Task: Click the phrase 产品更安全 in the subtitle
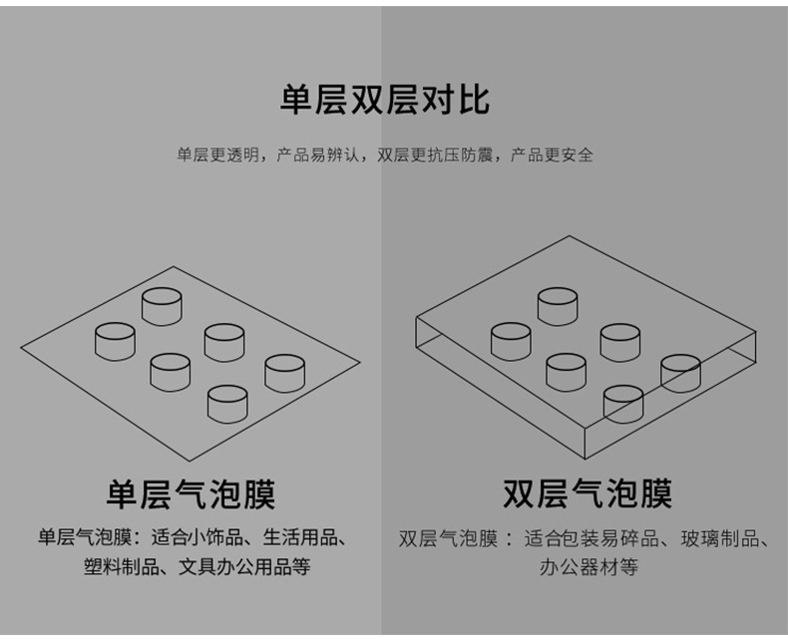(x=552, y=155)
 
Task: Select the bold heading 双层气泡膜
(x=587, y=493)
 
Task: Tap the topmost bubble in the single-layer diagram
(x=162, y=305)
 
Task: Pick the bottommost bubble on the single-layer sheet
(x=226, y=403)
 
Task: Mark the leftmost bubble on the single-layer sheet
(x=115, y=340)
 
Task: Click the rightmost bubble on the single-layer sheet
(x=284, y=372)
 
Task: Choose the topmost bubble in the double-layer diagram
(x=558, y=305)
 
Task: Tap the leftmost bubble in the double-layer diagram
(x=511, y=340)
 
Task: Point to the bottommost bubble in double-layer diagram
(x=623, y=403)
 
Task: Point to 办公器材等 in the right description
(x=588, y=567)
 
